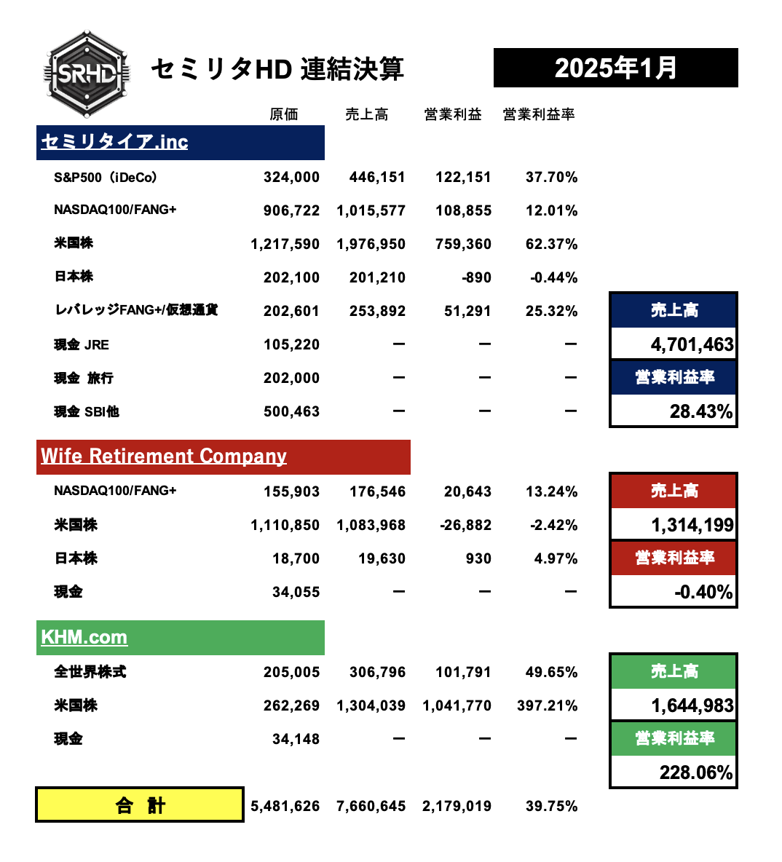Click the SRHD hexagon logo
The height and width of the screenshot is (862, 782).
tap(87, 74)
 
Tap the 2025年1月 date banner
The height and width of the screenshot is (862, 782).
tap(615, 68)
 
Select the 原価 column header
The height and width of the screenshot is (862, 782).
tap(284, 114)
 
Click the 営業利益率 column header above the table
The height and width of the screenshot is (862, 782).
tap(539, 114)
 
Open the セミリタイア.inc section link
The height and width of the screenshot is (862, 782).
tap(114, 142)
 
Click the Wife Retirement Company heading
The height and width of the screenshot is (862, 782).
tap(164, 456)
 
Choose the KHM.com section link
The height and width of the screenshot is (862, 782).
tap(84, 638)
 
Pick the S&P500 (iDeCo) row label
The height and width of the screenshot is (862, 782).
tap(106, 178)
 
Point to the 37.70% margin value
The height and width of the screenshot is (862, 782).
tap(551, 178)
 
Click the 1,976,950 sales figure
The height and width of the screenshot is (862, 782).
tap(371, 245)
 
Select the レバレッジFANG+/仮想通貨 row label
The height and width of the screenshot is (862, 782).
tap(136, 310)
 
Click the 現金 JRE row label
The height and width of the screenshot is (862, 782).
tap(82, 345)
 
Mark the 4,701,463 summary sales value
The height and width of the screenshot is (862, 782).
tap(692, 344)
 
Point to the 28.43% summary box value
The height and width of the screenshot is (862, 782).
tap(700, 412)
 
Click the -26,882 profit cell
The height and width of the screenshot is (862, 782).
tap(466, 526)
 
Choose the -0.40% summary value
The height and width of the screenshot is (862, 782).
tap(703, 592)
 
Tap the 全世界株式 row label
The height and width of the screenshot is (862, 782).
tap(90, 672)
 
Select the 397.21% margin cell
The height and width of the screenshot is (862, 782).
tap(547, 706)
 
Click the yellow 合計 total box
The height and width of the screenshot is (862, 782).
tap(140, 805)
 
